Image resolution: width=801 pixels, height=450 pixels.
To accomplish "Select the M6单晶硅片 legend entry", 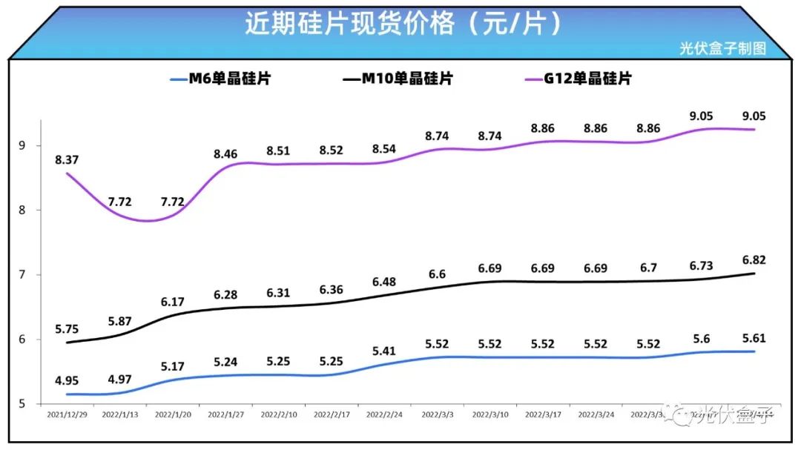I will pyautogui.click(x=220, y=79).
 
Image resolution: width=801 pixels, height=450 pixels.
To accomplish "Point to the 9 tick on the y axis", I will pyautogui.click(x=22, y=145).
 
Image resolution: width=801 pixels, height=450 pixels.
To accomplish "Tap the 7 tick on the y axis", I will pyautogui.click(x=22, y=275).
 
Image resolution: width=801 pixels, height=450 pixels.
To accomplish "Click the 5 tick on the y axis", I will pyautogui.click(x=22, y=404).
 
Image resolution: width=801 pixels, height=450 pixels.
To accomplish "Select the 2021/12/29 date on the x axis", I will pyautogui.click(x=67, y=415).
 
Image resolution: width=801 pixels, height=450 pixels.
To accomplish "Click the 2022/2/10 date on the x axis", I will pyautogui.click(x=280, y=415).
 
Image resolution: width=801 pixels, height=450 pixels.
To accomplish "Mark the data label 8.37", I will pyautogui.click(x=67, y=159).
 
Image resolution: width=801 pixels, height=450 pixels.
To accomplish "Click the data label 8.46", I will pyautogui.click(x=227, y=154).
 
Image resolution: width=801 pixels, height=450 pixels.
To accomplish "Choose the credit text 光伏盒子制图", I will pyautogui.click(x=722, y=49).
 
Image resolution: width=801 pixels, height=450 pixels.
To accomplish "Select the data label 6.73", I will pyautogui.click(x=701, y=266).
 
